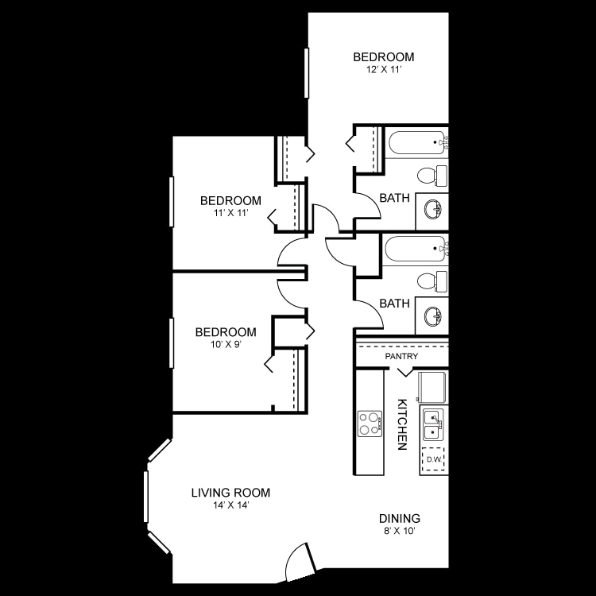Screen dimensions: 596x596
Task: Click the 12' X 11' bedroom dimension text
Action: (x=383, y=70)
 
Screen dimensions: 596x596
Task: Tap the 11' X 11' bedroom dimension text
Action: (x=230, y=213)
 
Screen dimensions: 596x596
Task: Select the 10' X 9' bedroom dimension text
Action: (x=226, y=345)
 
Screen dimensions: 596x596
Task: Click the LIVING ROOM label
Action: (x=230, y=492)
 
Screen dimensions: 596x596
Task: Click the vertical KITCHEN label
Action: (x=402, y=424)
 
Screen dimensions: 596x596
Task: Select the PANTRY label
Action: (x=401, y=357)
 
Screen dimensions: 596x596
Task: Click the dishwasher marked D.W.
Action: (x=434, y=459)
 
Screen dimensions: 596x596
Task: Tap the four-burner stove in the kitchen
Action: (x=369, y=423)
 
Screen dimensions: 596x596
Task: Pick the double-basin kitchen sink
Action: (x=433, y=424)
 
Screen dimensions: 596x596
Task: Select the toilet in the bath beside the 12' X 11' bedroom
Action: (x=433, y=174)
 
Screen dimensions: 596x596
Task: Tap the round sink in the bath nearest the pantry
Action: (x=433, y=317)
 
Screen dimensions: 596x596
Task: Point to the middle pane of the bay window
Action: (x=146, y=497)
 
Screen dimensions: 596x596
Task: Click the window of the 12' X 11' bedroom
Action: (x=305, y=73)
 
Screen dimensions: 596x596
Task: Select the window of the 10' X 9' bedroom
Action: (x=171, y=343)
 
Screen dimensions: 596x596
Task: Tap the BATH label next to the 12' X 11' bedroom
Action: (x=395, y=198)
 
